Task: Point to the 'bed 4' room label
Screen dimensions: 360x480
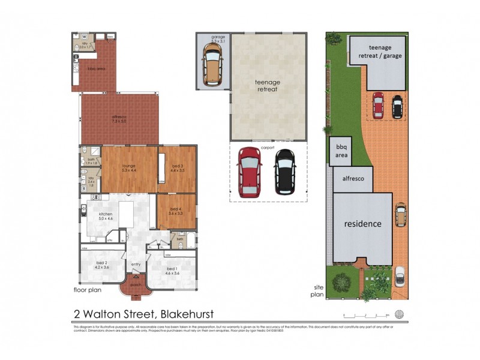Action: coord(175,211)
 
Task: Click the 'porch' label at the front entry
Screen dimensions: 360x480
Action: coord(137,284)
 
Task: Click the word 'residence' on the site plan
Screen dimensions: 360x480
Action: coord(362,224)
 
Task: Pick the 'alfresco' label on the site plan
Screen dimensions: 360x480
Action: coord(353,179)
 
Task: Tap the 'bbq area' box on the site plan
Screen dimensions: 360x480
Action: coord(340,151)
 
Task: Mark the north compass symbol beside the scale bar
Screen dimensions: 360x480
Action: coord(400,314)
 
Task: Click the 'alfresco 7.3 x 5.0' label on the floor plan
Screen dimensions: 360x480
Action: coord(119,119)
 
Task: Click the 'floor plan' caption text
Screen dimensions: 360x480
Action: coord(87,290)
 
